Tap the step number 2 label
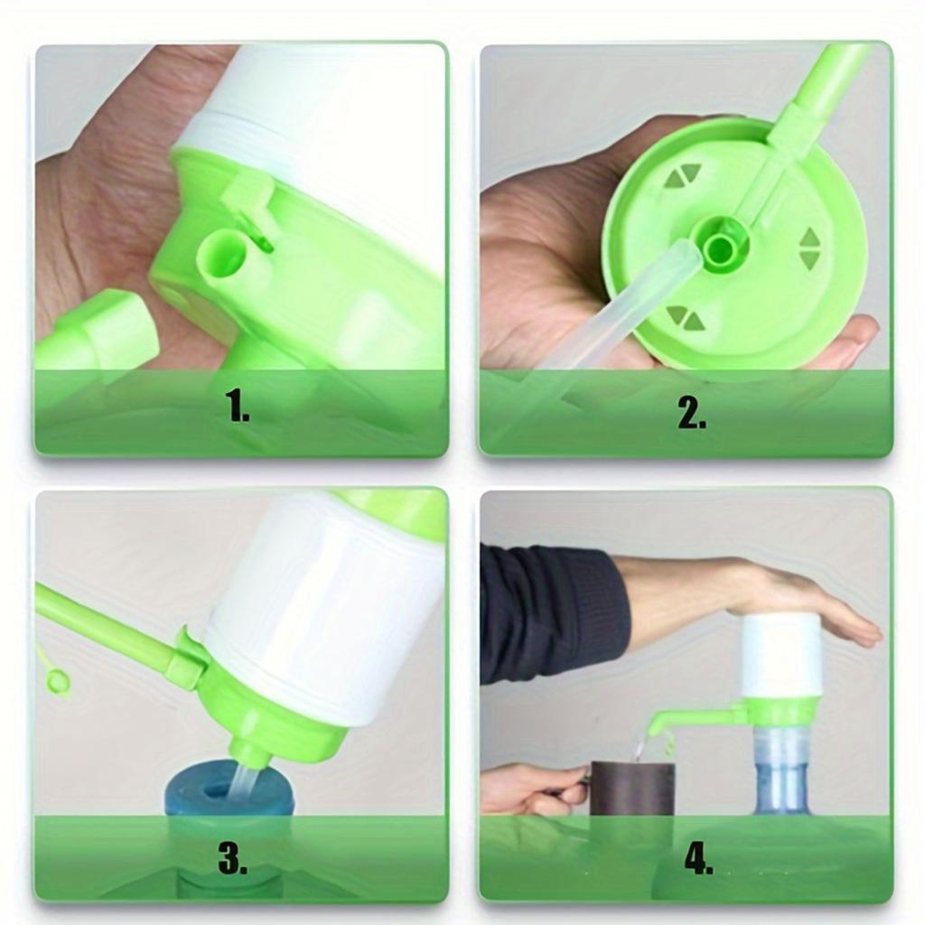tap(692, 412)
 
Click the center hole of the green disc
tap(721, 246)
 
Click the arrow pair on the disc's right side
tap(810, 248)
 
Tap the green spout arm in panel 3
tap(108, 628)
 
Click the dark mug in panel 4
tap(631, 790)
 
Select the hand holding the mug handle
tap(528, 789)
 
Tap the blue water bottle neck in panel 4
tap(780, 768)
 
